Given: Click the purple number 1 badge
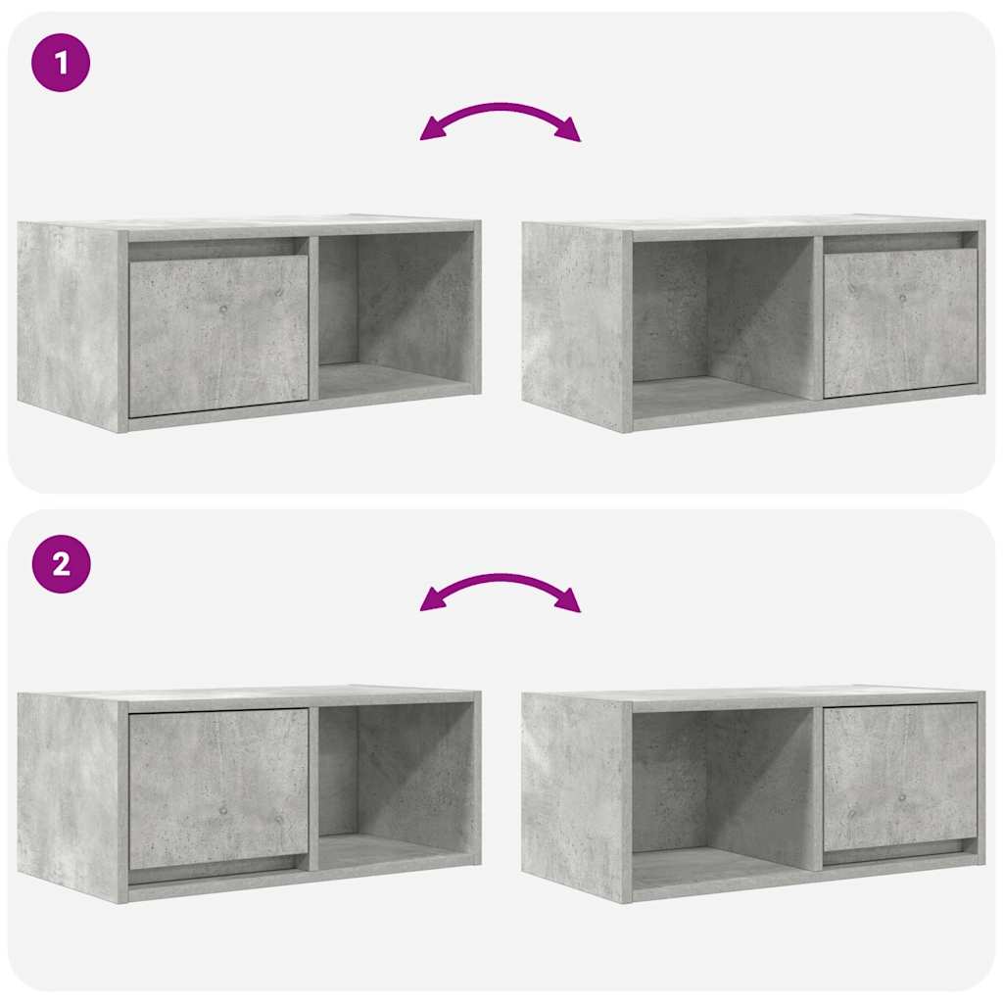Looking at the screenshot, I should click(x=61, y=63).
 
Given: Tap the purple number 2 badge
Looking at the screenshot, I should click(x=61, y=564).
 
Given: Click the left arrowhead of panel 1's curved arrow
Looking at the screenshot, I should click(x=429, y=133).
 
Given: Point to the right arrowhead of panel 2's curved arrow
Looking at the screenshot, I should click(x=570, y=603).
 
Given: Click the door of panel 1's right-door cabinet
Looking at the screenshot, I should click(x=899, y=321).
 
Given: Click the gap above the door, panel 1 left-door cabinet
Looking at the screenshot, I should click(x=217, y=249).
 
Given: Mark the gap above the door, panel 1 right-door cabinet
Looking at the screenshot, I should click(x=899, y=241).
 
